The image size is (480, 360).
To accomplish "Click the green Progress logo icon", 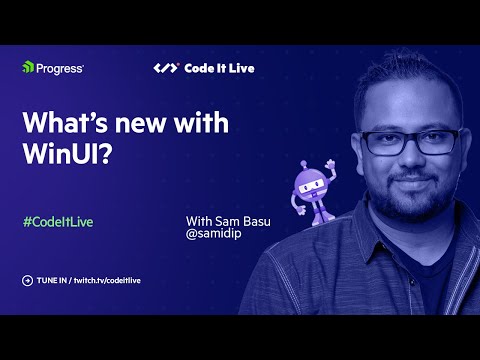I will click(28, 68).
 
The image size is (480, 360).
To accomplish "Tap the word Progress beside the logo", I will click(59, 68).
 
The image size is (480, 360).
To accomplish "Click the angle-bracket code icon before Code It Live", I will click(165, 68).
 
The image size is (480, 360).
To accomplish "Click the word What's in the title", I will click(61, 124).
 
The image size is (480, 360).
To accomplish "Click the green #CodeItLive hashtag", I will click(57, 221).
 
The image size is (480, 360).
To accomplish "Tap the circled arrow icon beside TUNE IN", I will click(27, 281).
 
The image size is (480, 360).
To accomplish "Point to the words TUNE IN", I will click(51, 281).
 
